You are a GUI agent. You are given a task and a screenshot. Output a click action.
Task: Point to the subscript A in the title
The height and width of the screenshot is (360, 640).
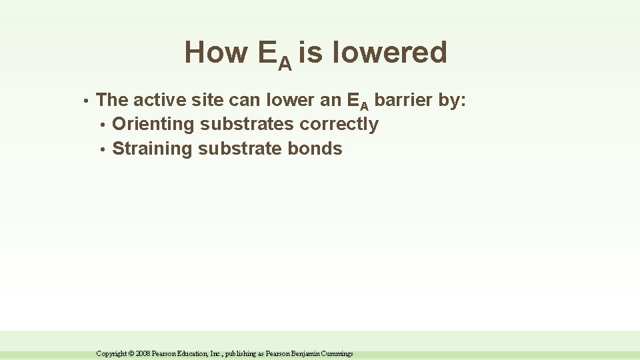click(x=285, y=63)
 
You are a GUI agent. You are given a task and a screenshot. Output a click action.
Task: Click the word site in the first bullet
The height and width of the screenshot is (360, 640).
click(x=209, y=101)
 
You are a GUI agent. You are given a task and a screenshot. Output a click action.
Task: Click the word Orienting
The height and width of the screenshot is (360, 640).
click(x=153, y=125)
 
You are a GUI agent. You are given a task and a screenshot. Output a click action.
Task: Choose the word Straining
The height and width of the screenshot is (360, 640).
click(x=153, y=149)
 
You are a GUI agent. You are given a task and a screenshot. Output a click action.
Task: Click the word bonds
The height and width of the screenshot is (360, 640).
click(x=315, y=149)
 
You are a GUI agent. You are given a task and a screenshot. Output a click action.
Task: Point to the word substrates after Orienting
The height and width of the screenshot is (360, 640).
click(x=247, y=125)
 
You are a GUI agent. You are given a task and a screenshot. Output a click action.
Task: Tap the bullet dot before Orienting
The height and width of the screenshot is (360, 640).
click(x=102, y=125)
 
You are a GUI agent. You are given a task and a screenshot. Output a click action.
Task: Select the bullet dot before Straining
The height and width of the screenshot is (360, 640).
click(x=102, y=149)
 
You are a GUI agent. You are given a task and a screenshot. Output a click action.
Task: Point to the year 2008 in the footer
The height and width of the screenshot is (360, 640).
click(x=143, y=354)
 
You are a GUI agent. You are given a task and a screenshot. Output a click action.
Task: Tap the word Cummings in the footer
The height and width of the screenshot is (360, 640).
click(x=338, y=354)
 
